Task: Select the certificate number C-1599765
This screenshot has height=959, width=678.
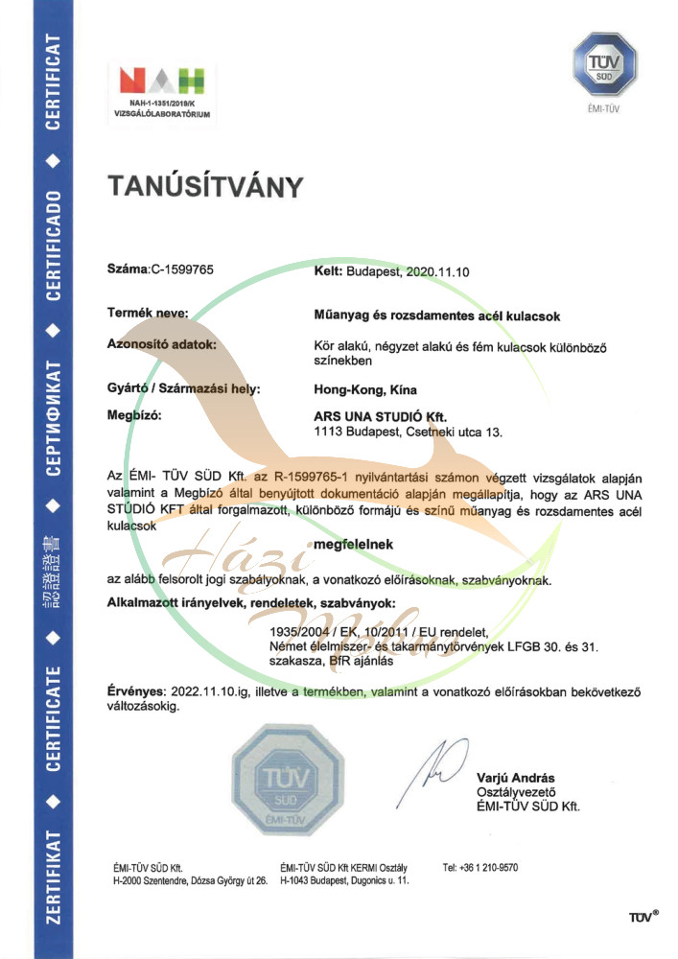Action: (x=182, y=270)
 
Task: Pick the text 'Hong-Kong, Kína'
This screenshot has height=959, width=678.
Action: (x=360, y=389)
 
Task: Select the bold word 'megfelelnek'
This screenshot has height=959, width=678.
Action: (x=353, y=545)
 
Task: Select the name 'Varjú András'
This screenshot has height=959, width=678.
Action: (x=516, y=778)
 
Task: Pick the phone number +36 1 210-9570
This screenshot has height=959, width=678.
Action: (x=480, y=867)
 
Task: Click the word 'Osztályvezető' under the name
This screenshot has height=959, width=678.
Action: (x=517, y=792)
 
